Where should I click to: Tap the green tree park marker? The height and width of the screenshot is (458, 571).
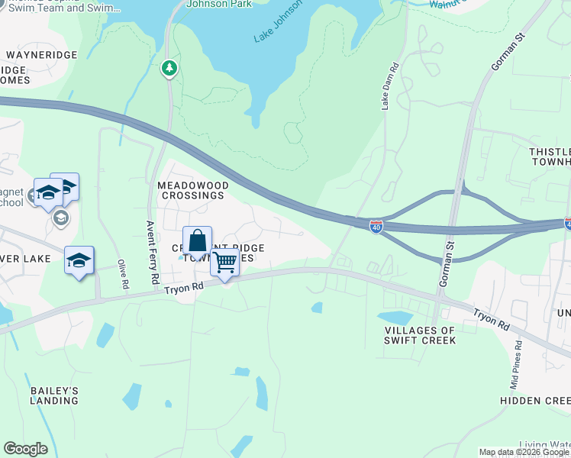coord(169,69)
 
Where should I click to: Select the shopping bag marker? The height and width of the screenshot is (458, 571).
coord(197,242)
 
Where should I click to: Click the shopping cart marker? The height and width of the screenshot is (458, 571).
coord(225,263)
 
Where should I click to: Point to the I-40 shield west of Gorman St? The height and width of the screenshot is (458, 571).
coord(376,226)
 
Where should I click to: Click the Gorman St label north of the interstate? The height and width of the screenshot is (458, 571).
coord(505,56)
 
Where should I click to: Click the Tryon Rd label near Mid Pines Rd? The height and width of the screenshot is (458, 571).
coord(491,319)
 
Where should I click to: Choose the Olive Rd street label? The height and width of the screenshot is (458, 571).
coord(122,274)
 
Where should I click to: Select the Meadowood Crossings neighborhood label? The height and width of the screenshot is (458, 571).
coord(191,190)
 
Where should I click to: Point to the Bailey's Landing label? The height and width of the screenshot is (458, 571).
coord(54,395)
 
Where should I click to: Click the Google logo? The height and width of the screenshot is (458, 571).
coord(25,449)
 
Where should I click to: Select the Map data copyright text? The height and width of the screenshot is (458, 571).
coord(524,452)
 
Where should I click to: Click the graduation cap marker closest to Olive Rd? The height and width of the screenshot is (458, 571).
coord(79,261)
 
